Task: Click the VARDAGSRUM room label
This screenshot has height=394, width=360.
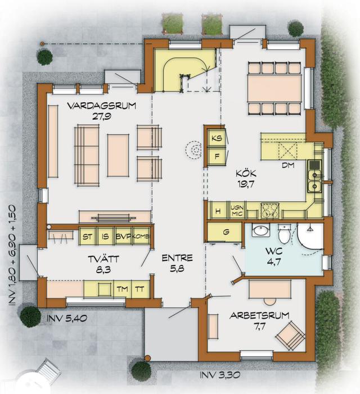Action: point(102,106)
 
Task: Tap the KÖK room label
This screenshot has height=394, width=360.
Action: point(246,173)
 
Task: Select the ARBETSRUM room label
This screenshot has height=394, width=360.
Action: point(259,316)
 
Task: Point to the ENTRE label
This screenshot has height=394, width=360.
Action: point(177,258)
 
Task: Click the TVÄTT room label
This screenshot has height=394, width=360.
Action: point(103,259)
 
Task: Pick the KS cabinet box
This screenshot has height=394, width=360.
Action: point(217,138)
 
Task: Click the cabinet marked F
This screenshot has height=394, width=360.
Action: point(217,157)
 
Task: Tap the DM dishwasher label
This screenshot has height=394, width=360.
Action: point(288,165)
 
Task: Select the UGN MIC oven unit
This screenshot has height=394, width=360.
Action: point(237,211)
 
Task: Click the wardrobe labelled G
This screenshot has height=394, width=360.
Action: point(225,232)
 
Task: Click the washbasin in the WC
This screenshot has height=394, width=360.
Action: point(261,230)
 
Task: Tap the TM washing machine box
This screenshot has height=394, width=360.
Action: point(123,289)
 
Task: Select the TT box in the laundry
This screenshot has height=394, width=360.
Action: point(140,289)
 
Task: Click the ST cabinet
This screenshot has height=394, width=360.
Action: point(87,236)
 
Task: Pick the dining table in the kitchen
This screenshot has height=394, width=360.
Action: point(274,89)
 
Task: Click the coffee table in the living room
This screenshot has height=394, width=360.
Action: point(118,155)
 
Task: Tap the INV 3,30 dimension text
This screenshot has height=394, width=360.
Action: point(220,375)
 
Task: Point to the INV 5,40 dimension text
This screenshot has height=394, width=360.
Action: point(67,318)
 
